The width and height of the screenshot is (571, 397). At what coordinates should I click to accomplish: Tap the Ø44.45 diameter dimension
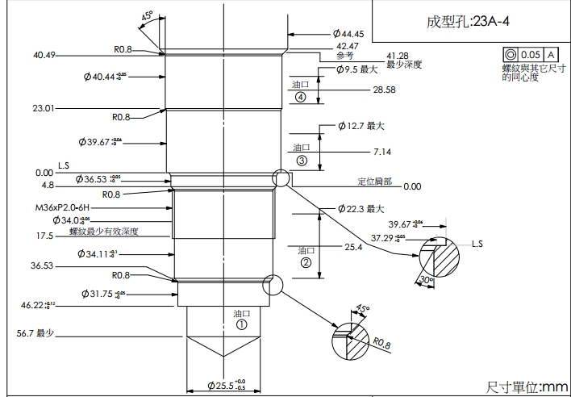coord(348,34)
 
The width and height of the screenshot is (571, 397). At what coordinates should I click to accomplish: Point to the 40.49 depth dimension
coord(44,55)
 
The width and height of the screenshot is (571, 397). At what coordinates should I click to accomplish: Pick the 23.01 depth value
coord(44,107)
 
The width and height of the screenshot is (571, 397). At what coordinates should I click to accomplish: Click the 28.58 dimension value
coord(384,90)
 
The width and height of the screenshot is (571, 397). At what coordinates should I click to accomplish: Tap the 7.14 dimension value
coord(382,152)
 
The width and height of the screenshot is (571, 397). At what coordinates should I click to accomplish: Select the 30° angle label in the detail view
coord(426,279)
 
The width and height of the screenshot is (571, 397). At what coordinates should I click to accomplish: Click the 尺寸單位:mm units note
coord(527,388)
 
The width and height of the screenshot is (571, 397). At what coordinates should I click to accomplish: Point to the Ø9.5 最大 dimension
coord(356,69)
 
